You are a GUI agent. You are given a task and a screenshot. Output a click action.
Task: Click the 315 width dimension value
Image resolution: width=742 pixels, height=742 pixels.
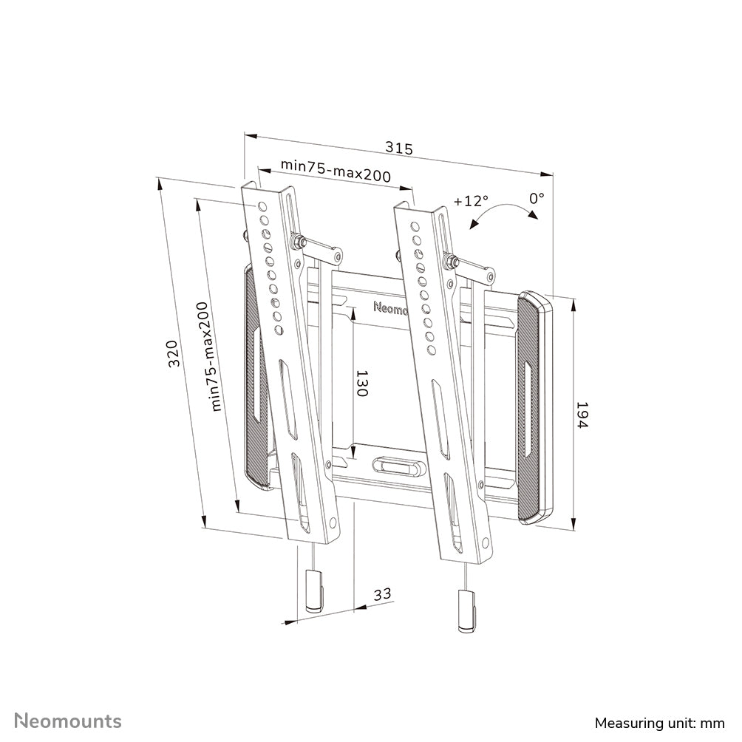399,148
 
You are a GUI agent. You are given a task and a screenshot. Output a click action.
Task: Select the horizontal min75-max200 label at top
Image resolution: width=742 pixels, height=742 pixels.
336,172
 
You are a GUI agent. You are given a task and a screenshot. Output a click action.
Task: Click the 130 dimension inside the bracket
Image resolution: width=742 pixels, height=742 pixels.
361,384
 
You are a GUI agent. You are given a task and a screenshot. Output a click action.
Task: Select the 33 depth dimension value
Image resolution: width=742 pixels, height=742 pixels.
381,593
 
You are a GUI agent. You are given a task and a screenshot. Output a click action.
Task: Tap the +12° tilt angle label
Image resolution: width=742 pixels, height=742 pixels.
471,201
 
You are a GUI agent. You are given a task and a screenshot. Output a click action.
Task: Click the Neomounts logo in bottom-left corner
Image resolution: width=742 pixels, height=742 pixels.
69,721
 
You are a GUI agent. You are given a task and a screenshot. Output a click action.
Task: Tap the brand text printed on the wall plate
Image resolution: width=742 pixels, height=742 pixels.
391,307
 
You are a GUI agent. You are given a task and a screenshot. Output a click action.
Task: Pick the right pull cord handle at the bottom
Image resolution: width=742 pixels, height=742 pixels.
466,610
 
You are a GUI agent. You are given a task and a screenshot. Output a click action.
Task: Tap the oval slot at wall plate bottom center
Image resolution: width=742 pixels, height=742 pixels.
398,467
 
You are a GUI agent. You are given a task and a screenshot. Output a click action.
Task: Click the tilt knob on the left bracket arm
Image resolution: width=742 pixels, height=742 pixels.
299,241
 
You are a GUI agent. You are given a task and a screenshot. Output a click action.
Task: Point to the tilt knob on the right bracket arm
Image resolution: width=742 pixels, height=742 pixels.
449,260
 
